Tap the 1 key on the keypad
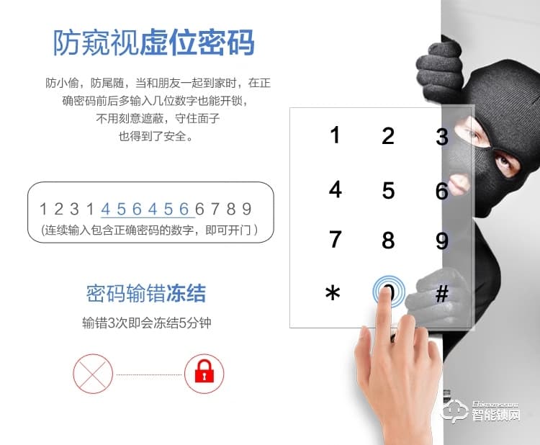[x=335, y=135]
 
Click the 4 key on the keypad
[x=335, y=189]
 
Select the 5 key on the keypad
[x=388, y=191]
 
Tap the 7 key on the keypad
[x=335, y=239]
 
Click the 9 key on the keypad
[x=442, y=241]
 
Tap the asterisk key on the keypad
[x=333, y=293]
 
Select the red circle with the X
[x=93, y=374]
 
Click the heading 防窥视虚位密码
[x=153, y=42]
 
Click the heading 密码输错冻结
[x=146, y=294]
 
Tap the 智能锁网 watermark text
[x=496, y=415]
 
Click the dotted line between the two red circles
[x=149, y=374]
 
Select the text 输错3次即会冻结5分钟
[x=147, y=323]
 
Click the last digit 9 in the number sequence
[x=246, y=209]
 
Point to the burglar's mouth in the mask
[x=459, y=184]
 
